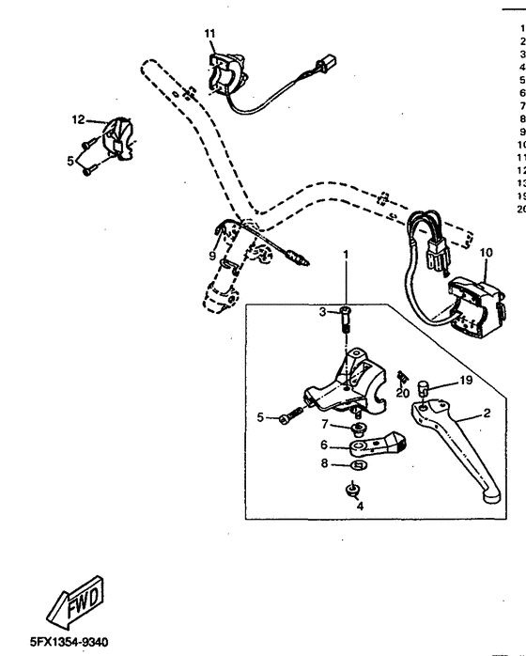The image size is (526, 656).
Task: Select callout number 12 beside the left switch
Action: pyautogui.click(x=78, y=119)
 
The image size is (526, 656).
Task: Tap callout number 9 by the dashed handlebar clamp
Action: pyautogui.click(x=211, y=255)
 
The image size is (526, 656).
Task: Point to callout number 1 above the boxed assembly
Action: pyautogui.click(x=345, y=254)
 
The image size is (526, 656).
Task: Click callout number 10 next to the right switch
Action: pyautogui.click(x=486, y=253)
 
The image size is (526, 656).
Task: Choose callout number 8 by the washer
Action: pyautogui.click(x=324, y=463)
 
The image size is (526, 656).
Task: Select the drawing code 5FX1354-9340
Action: pyautogui.click(x=55, y=642)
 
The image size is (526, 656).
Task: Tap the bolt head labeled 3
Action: pyautogui.click(x=345, y=311)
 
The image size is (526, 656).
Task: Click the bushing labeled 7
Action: pyautogui.click(x=358, y=428)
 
